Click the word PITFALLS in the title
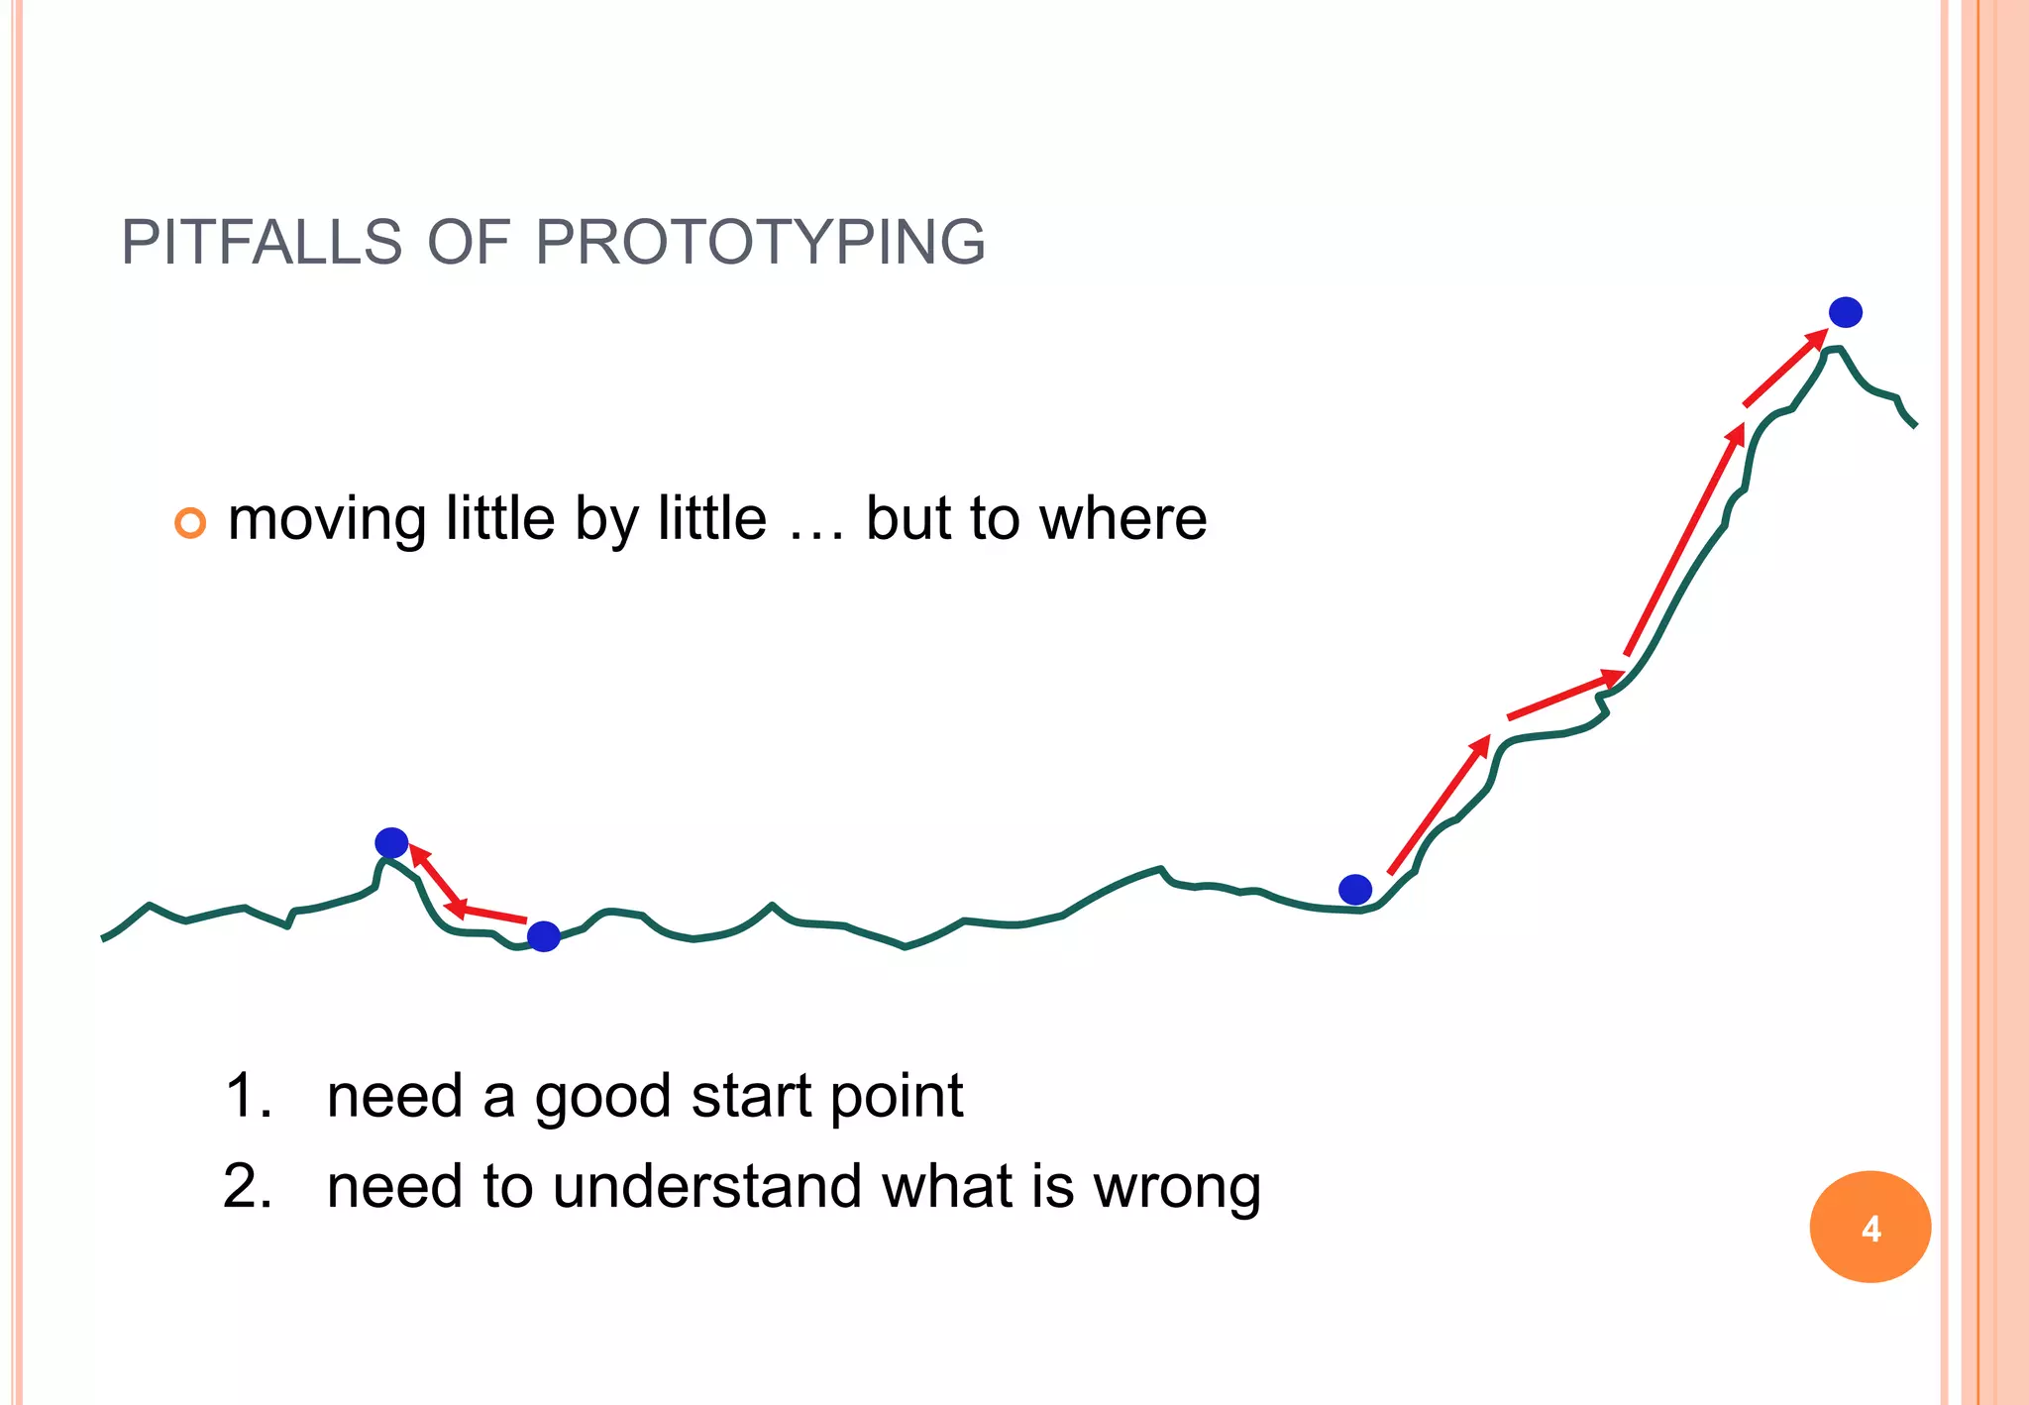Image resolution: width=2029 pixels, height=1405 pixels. [262, 243]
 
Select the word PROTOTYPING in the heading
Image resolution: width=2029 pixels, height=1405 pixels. [760, 243]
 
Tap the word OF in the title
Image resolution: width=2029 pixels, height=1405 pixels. [468, 243]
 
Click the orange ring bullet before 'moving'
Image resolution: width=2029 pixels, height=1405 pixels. [190, 522]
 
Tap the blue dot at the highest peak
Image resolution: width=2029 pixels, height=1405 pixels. [1845, 312]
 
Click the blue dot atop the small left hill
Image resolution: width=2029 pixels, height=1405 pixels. [391, 843]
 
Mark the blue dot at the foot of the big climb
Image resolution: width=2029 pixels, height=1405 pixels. [1354, 889]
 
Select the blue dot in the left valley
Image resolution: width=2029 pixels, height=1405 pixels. [543, 935]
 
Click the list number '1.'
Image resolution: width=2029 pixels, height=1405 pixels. [249, 1097]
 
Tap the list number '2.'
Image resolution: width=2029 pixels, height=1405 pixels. [248, 1187]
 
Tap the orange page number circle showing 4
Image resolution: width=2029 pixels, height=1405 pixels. [1869, 1228]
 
